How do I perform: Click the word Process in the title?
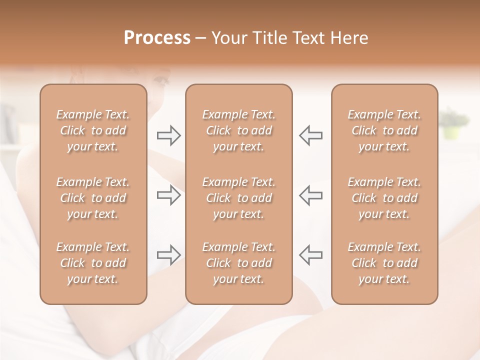coord(157,38)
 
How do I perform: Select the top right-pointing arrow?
coord(168,135)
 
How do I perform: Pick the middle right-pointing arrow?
coord(168,195)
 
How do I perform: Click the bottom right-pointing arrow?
coord(168,255)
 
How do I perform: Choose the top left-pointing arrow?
coord(310,135)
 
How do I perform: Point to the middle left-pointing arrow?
coord(310,195)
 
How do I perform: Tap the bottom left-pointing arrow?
coord(310,255)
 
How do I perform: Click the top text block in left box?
coord(93,130)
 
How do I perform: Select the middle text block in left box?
coord(93,198)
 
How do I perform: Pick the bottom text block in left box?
coord(93,263)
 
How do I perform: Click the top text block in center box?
coord(238,130)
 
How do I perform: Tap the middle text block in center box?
coord(238,198)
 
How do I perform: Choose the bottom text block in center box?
coord(238,263)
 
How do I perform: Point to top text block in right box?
coord(384,130)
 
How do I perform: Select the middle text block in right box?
coord(384,198)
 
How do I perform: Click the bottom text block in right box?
coord(384,263)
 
